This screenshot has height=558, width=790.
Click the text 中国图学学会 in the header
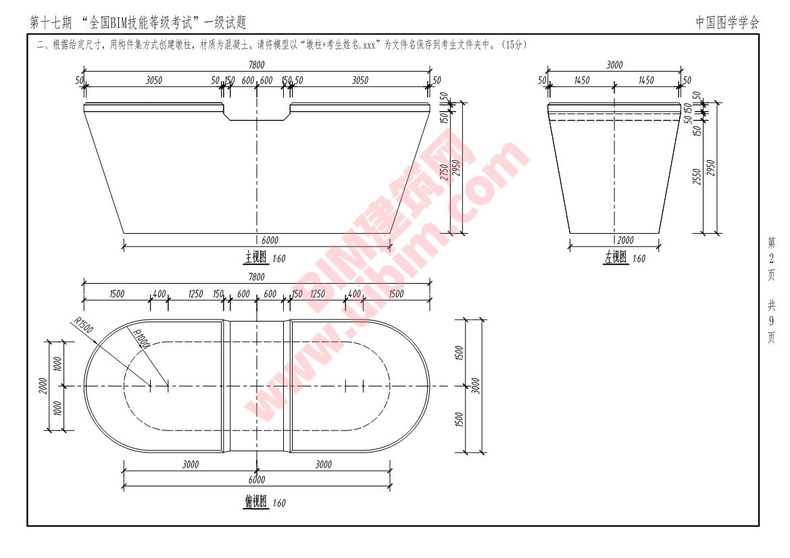(727, 22)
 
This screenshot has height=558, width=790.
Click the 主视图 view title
(256, 258)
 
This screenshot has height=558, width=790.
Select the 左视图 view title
(615, 257)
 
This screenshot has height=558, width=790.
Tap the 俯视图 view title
(256, 502)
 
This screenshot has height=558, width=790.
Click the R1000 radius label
(141, 337)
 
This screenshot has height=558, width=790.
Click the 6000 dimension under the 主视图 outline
(269, 240)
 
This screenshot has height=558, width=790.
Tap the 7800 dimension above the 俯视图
(257, 277)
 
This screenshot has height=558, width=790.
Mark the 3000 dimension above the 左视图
(614, 65)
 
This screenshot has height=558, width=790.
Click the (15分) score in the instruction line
(514, 45)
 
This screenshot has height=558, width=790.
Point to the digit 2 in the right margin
(771, 258)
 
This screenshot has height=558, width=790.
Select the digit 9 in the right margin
(771, 321)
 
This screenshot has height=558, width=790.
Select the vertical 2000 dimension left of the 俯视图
(43, 386)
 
